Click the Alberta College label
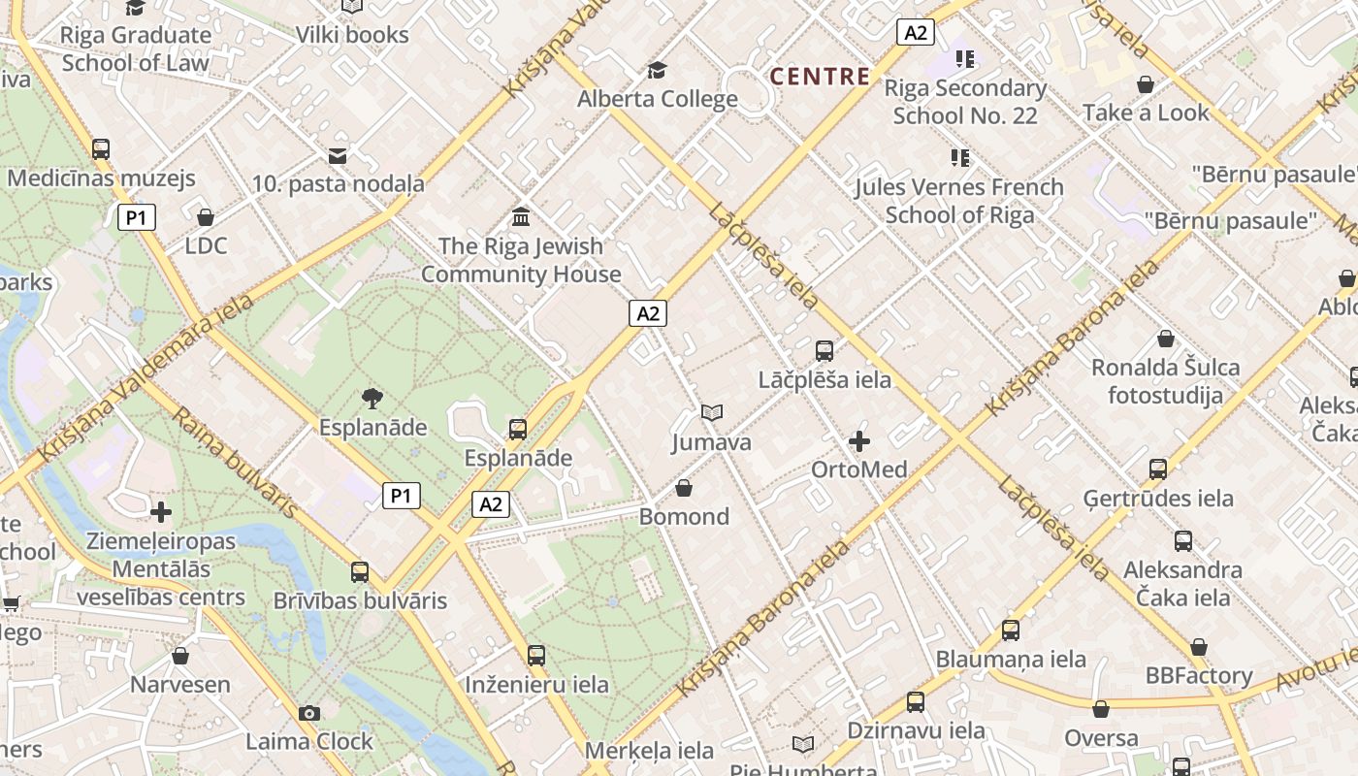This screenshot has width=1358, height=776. pos(658,99)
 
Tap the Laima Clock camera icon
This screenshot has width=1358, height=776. pos(309,714)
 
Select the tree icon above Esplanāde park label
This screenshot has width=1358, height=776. pos(372,398)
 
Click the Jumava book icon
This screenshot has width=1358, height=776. pos(712,413)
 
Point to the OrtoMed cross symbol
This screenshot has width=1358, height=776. pos(859,442)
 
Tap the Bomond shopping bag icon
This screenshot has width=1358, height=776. pos(684,488)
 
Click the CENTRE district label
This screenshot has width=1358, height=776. pos(820,77)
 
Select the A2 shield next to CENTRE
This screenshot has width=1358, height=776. pos(915,33)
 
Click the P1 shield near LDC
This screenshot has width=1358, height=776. pos(137,217)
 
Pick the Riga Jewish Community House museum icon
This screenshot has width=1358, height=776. pos(521,216)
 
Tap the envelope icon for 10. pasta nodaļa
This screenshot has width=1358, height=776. pos(338,155)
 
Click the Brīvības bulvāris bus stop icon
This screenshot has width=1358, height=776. pos(360,572)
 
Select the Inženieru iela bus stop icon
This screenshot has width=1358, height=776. pos(536,656)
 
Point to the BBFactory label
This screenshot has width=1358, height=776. pos(1199,675)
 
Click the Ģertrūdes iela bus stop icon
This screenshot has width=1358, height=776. pos(1158,469)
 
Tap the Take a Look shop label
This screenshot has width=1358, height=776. pos(1146,113)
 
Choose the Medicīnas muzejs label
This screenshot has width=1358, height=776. pos(101,178)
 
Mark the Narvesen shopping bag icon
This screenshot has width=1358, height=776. pos(180,657)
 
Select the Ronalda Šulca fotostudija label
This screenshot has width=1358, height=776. pos(1165,381)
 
